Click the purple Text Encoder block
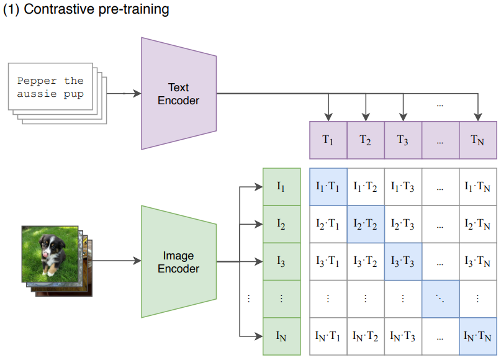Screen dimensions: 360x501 coord(179,94)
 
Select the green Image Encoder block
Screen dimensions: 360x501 coord(179,262)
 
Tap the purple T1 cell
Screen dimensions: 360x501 coord(328,140)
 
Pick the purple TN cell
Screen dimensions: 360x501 coord(477,140)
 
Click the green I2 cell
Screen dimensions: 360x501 coord(281,224)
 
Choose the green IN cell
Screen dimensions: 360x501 coord(281,336)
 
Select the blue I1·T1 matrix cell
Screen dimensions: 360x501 coord(328,187)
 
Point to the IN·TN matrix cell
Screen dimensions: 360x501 coord(477,336)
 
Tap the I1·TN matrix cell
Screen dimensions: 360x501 coord(477,187)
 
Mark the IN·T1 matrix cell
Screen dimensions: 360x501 coord(328,336)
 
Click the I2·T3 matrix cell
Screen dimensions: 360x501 coord(403,224)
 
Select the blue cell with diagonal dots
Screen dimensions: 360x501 coord(440,299)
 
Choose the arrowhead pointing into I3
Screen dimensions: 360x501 coord(258,261)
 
